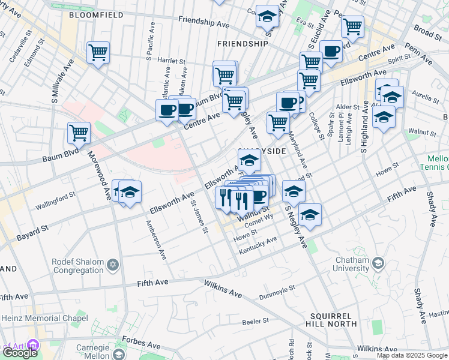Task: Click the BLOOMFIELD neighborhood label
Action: click(93, 14)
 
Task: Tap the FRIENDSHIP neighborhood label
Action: click(243, 44)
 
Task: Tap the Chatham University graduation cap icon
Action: click(378, 263)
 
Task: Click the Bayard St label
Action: click(32, 230)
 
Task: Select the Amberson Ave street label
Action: click(154, 239)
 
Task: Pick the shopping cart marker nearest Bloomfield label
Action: click(98, 52)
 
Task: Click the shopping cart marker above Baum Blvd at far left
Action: click(79, 133)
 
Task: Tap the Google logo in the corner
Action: click(20, 353)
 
